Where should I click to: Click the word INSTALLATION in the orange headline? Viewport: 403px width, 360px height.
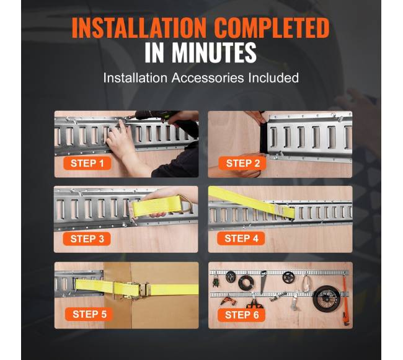click(139, 28)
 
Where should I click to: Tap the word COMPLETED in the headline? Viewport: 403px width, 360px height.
click(272, 28)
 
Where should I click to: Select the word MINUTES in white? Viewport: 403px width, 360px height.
click(214, 53)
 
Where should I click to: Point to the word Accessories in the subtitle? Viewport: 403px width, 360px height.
click(208, 77)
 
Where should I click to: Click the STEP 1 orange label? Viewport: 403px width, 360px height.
click(87, 164)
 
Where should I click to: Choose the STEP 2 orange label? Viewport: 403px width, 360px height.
click(242, 164)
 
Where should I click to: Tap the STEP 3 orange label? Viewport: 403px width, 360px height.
click(87, 239)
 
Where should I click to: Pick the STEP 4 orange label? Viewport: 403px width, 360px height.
click(241, 239)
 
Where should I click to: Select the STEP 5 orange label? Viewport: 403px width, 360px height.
click(89, 314)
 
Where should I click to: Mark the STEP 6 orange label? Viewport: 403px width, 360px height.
click(242, 315)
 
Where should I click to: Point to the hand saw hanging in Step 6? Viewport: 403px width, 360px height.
click(263, 282)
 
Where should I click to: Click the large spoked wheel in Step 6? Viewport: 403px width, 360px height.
click(324, 298)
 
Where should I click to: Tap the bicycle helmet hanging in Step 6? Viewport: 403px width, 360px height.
click(231, 276)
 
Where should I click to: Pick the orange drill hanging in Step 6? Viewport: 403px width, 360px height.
click(226, 300)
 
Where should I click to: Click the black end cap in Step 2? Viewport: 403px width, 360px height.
click(263, 139)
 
